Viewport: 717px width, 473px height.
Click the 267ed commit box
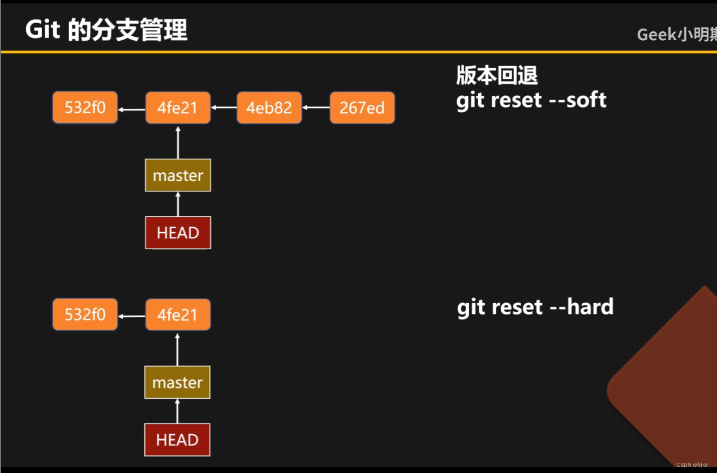[x=362, y=108]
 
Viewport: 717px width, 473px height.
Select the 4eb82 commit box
[x=269, y=108]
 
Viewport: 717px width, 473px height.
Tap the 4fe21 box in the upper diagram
[x=178, y=108]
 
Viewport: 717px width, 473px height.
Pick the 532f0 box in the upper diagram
[x=85, y=108]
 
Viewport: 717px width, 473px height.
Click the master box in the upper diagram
[x=178, y=176]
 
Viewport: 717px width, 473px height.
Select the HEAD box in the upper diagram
[x=178, y=233]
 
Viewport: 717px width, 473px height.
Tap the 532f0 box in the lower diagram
[x=85, y=314]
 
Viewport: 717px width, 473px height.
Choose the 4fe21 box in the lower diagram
[x=178, y=314]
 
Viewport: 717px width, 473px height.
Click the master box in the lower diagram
[x=177, y=382]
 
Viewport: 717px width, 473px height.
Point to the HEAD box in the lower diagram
[x=177, y=440]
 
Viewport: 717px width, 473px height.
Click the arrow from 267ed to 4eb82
[x=316, y=107]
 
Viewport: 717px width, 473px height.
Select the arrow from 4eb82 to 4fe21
[x=224, y=107]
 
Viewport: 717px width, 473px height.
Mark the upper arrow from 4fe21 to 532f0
[x=131, y=109]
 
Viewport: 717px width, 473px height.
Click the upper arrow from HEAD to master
[x=178, y=204]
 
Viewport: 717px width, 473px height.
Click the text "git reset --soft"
[x=531, y=100]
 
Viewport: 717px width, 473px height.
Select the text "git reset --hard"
[x=535, y=307]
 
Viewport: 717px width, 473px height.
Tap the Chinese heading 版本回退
[x=497, y=75]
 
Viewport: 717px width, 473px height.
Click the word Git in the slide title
[x=42, y=29]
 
